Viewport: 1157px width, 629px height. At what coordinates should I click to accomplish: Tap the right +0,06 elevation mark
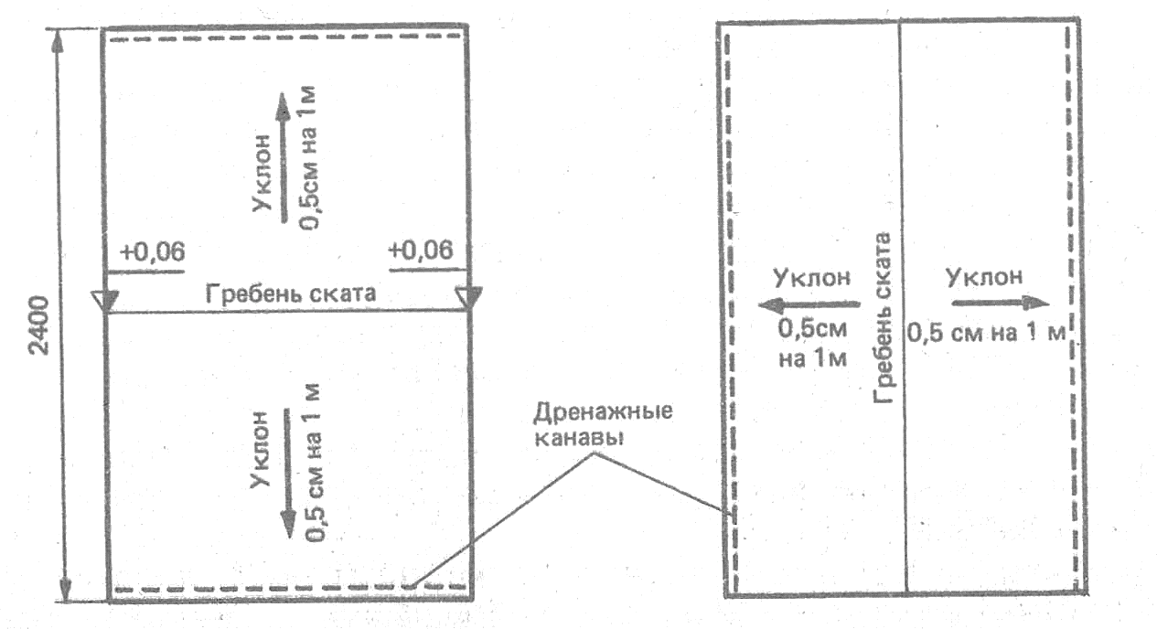(421, 251)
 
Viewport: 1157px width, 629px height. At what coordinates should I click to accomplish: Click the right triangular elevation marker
(468, 298)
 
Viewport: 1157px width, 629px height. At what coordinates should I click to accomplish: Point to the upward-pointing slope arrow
(284, 155)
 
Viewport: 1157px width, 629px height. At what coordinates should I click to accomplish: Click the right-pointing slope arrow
(1000, 303)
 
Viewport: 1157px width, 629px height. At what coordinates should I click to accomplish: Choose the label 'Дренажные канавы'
(603, 422)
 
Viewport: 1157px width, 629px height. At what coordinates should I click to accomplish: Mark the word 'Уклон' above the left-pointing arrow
(812, 277)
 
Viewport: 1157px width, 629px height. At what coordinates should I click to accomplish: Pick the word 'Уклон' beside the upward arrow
(261, 173)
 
